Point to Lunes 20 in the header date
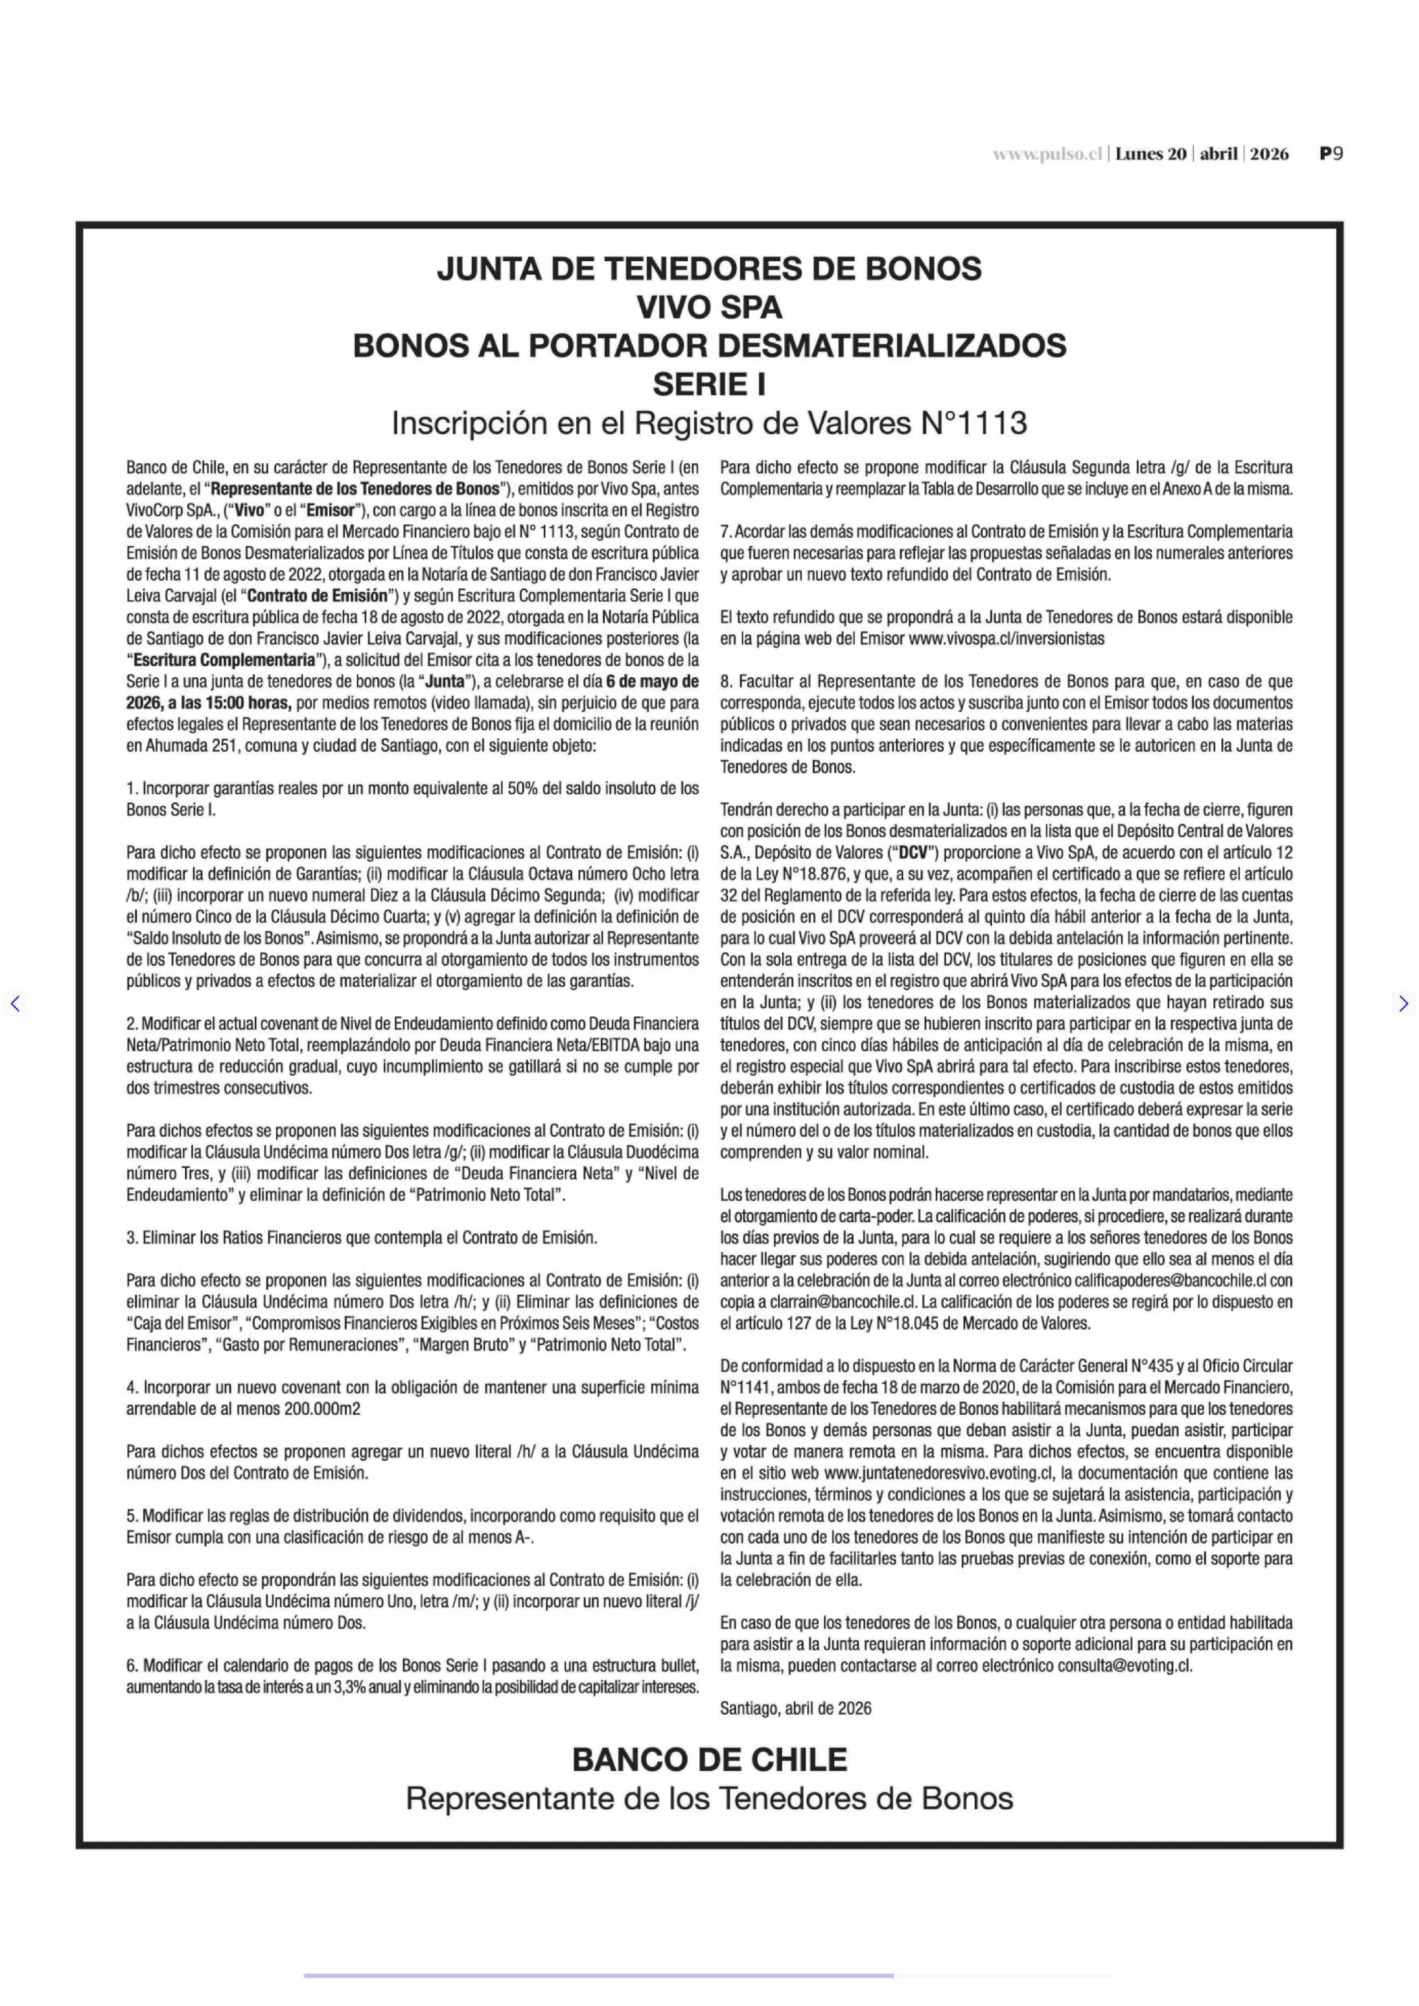click(1151, 154)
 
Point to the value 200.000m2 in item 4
click(322, 1409)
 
